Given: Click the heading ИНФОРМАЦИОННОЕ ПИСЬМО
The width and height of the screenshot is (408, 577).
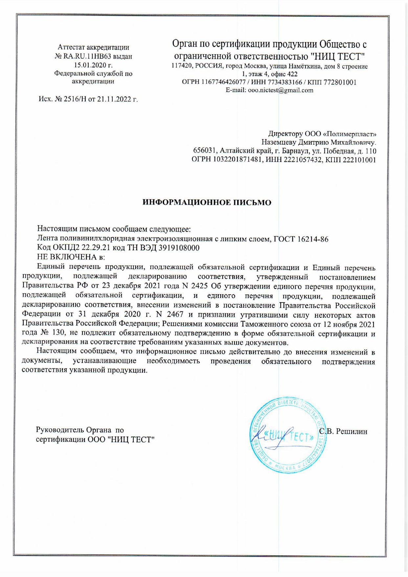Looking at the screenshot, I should [x=207, y=203].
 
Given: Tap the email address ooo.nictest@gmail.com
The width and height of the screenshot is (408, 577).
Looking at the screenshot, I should [x=280, y=90].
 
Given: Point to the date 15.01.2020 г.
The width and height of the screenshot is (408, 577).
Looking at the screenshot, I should [x=93, y=65].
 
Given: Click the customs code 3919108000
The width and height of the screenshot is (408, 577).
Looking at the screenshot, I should [x=179, y=248].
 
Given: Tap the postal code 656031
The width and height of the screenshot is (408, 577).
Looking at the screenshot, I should [x=205, y=151].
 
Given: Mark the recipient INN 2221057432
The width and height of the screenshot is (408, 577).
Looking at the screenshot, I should [x=303, y=160].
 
